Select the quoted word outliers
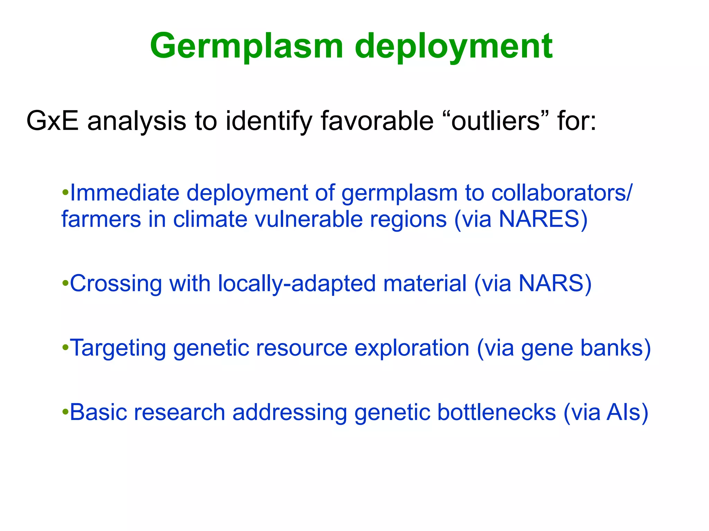click(495, 121)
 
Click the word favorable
click(377, 121)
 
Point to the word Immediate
click(125, 193)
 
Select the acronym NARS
click(550, 283)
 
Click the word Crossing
click(116, 284)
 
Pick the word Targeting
click(118, 348)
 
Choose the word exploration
click(412, 348)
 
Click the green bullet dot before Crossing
click(65, 284)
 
